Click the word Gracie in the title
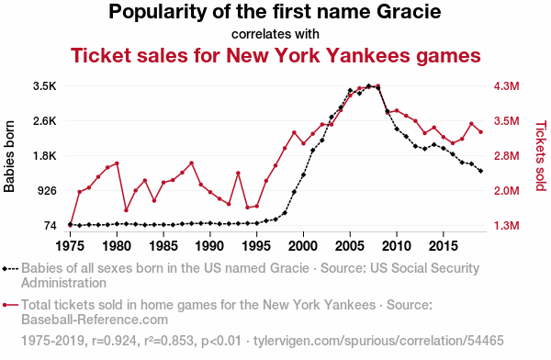point(409,11)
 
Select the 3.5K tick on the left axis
point(45,86)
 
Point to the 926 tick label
point(47,190)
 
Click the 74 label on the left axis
point(51,225)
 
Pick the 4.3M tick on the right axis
point(506,86)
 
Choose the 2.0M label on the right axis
point(506,190)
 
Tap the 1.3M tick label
point(506,225)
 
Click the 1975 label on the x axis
point(71,246)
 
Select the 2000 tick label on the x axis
point(303,246)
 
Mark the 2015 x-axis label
point(444,246)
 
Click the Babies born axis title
point(9,156)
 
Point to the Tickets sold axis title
point(541,156)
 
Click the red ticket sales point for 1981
point(126,210)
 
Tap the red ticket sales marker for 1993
point(238,173)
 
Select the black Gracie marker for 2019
point(480,171)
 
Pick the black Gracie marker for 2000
point(303,174)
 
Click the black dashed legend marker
point(10,269)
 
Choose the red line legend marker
point(10,305)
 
